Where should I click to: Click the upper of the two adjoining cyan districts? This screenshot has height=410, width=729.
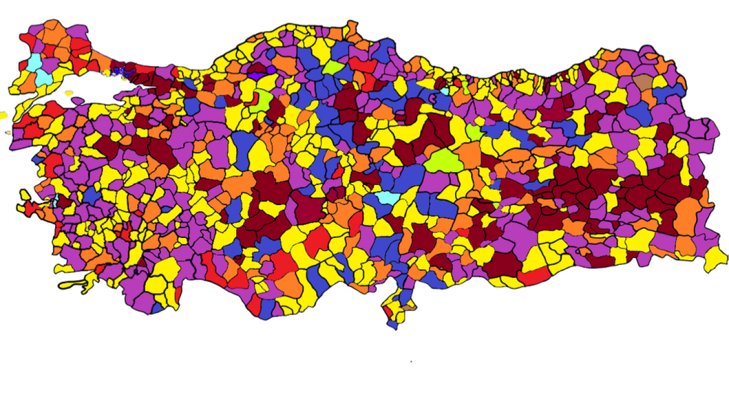[x=34, y=61]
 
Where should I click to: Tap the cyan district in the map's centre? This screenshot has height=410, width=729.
[x=387, y=198]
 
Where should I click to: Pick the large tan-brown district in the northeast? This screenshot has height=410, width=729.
[x=644, y=82]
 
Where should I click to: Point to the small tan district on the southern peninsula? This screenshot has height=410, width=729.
[x=409, y=307]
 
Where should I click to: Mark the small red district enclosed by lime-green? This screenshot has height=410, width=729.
[x=254, y=96]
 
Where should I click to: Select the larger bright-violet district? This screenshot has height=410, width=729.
[x=256, y=76]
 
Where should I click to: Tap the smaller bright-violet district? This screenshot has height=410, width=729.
[x=271, y=69]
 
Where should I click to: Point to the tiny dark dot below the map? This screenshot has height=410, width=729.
[x=411, y=361]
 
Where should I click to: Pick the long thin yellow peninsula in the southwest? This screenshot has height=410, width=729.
[x=71, y=284]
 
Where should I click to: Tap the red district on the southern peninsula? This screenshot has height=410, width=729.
[x=388, y=312]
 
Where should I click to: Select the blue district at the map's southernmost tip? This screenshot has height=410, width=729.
[x=392, y=325]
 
